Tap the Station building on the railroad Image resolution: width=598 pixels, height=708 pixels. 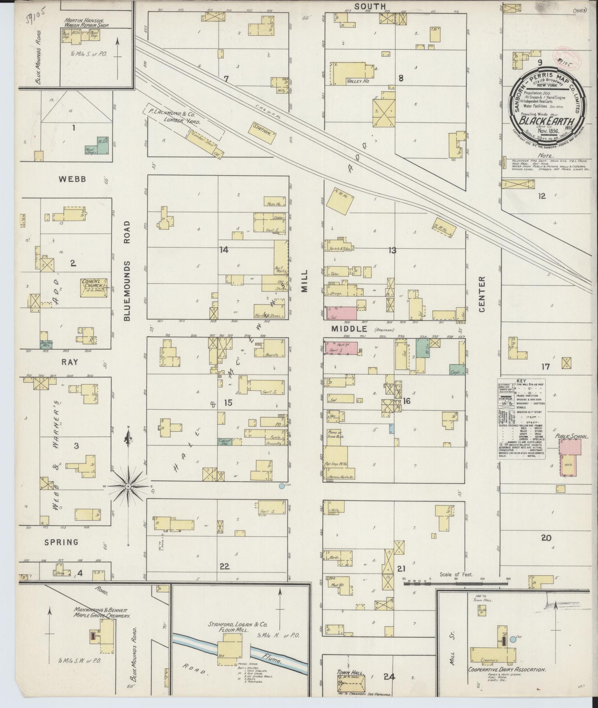tap(263, 129)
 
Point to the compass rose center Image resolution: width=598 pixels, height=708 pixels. tap(129, 486)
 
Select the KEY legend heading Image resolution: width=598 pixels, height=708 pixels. tap(521, 381)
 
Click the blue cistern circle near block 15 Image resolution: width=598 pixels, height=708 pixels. tap(282, 486)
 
